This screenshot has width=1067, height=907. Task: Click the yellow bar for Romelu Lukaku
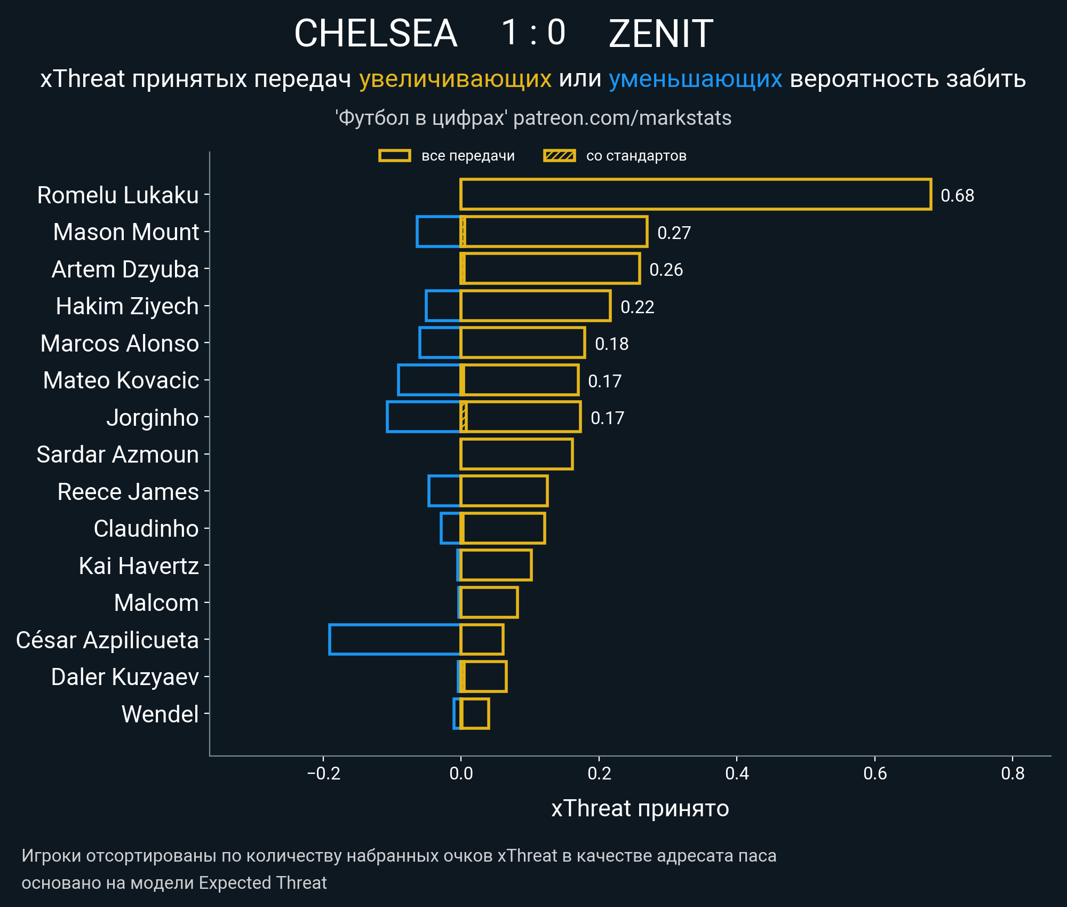point(696,195)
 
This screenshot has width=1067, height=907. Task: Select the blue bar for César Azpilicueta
point(395,639)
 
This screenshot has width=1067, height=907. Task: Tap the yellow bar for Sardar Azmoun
point(516,455)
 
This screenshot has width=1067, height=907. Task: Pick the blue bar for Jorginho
point(424,417)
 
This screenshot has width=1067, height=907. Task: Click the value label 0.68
point(957,196)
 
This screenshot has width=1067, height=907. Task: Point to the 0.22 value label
point(637,307)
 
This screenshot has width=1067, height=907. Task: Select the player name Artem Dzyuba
point(125,269)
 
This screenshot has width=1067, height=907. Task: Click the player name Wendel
point(160,714)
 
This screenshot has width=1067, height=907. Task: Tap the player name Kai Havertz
point(139,566)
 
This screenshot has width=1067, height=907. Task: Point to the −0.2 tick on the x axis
point(323,773)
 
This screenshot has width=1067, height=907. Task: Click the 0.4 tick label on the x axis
point(737,773)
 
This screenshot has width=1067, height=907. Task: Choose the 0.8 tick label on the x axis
point(1013,773)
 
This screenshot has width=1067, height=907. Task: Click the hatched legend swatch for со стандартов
point(559,156)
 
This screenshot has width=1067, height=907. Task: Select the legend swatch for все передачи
point(394,156)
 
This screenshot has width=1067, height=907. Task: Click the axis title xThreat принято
point(640,808)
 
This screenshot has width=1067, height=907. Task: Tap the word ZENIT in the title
point(660,34)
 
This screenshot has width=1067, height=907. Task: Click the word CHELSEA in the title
point(376,34)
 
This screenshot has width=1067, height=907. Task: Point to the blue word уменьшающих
point(695,79)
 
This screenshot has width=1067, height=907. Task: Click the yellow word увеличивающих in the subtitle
point(455,79)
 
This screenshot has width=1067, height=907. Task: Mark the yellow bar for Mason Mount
point(555,232)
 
